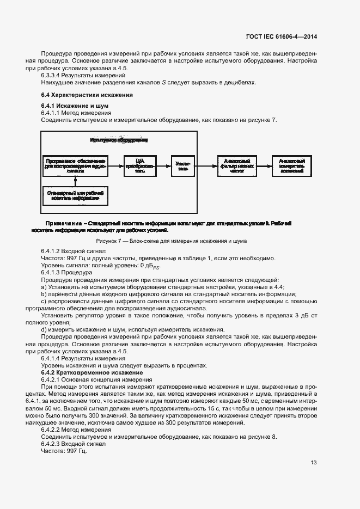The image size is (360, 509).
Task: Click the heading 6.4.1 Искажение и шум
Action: tap(68, 105)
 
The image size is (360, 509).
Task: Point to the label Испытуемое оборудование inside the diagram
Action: tap(119, 140)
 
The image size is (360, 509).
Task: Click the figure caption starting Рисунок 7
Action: tap(171, 240)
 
